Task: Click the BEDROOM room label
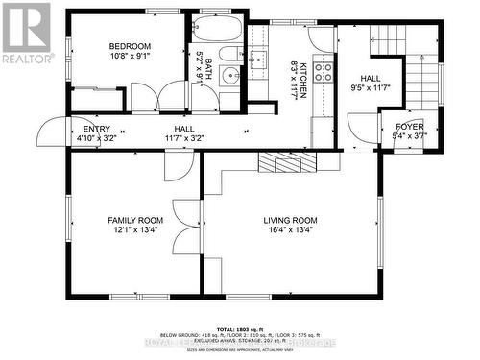(130, 46)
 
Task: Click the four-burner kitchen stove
(324, 70)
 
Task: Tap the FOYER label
(409, 125)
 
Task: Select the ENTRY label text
(96, 129)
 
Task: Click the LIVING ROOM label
(290, 221)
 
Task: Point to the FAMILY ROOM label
(134, 221)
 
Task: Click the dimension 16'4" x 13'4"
(290, 231)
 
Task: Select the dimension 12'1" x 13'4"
(134, 231)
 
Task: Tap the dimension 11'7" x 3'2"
(184, 138)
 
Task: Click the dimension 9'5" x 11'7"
(371, 88)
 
